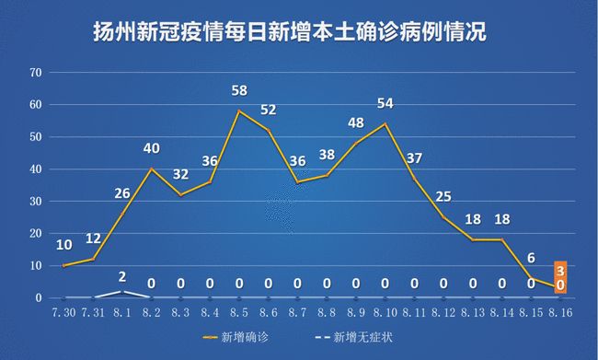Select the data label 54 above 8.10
click(x=386, y=102)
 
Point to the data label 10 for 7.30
click(x=63, y=245)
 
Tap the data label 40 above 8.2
click(x=151, y=148)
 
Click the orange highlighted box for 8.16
click(x=560, y=277)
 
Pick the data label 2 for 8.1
click(x=122, y=274)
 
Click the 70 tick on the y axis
click(x=36, y=72)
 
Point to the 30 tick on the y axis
click(x=36, y=202)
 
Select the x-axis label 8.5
click(x=239, y=313)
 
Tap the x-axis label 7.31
click(x=93, y=313)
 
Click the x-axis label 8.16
click(x=559, y=313)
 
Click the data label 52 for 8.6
click(x=269, y=110)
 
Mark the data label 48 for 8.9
click(x=357, y=123)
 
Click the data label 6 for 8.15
click(x=531, y=259)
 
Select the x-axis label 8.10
click(x=386, y=313)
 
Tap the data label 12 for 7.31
click(x=93, y=238)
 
